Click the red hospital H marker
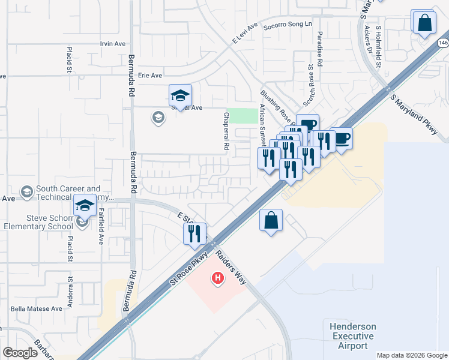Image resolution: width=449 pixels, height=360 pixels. tap(217, 278)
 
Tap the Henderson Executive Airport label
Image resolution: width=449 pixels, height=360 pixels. tap(353, 336)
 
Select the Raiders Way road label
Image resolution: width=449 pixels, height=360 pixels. tap(231, 268)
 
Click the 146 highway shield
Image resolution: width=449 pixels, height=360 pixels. tap(443, 43)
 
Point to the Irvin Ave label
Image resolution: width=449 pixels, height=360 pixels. tap(112, 44)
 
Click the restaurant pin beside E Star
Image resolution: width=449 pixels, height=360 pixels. tap(194, 233)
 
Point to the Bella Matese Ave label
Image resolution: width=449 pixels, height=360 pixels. tap(36, 309)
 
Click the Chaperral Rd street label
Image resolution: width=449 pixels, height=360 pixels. tap(227, 131)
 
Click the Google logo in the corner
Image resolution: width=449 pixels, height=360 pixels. tap(20, 353)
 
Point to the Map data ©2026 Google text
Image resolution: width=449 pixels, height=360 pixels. tap(412, 355)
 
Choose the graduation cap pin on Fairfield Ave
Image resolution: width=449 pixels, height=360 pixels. tap(85, 206)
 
